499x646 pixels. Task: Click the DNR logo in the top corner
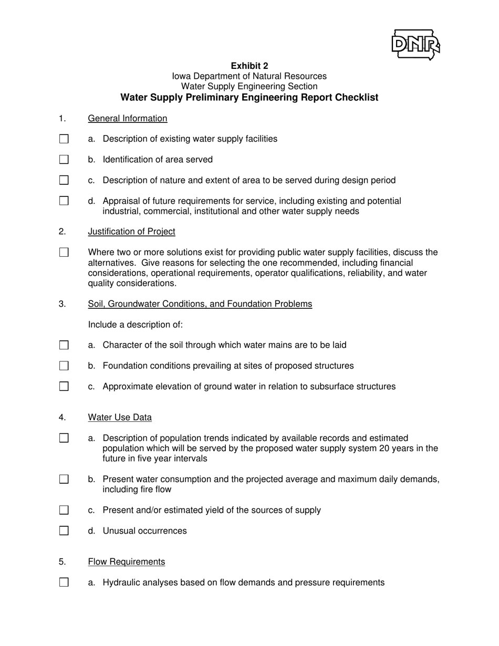[x=415, y=45]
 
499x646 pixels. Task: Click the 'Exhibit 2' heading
[x=250, y=66]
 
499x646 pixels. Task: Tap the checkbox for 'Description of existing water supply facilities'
[x=64, y=139]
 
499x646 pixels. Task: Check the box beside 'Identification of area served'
[x=64, y=159]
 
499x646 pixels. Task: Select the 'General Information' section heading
[x=128, y=118]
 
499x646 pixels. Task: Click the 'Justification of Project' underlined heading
[x=131, y=232]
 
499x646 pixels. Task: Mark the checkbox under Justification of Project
[x=64, y=252]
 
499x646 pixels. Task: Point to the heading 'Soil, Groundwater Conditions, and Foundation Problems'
[x=200, y=304]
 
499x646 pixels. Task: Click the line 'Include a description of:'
[x=136, y=325]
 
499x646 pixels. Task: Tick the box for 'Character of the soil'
[x=64, y=345]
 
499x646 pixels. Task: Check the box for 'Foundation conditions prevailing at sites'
[x=64, y=366]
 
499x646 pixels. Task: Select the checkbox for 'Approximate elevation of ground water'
[x=64, y=387]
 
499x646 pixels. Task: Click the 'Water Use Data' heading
[x=120, y=418]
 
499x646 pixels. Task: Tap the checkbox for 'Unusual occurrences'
[x=64, y=530]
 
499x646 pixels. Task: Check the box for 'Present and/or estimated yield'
[x=64, y=510]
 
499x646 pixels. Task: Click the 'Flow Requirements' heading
[x=126, y=562]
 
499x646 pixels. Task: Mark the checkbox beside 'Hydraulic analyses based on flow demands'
[x=64, y=582]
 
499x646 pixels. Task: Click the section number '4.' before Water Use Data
[x=63, y=418]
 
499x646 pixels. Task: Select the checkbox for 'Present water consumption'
[x=64, y=479]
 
